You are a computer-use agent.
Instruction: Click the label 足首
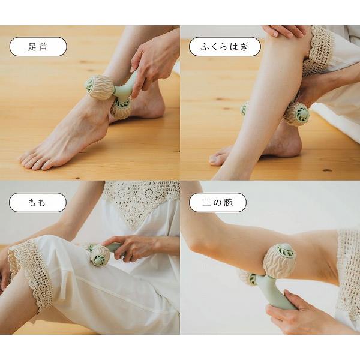[37, 47]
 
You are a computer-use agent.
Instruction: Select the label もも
[37, 202]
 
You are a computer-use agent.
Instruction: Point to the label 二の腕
[209, 202]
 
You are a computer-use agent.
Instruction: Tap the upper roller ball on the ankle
[99, 86]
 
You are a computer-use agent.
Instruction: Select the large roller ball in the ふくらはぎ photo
[296, 113]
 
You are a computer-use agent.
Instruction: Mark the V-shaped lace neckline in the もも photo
[141, 201]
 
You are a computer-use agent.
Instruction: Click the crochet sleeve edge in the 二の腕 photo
[347, 270]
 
